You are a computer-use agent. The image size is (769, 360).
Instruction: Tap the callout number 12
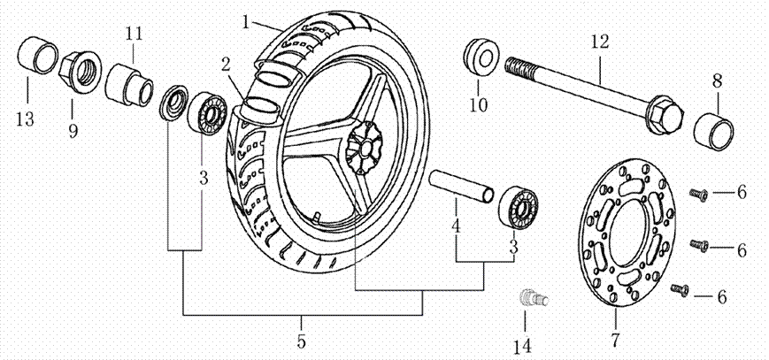[601, 42]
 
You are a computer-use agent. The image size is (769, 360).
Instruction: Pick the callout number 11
[134, 34]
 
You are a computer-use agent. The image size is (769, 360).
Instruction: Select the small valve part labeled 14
[531, 298]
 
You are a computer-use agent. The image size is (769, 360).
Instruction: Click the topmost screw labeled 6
[697, 192]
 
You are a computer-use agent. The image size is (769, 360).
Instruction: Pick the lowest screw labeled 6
[681, 288]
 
